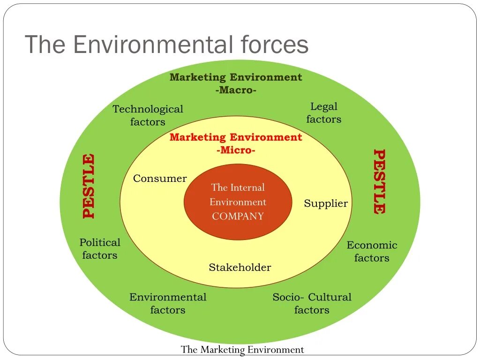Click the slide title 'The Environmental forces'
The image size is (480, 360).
(166, 45)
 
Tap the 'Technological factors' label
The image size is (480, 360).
(148, 115)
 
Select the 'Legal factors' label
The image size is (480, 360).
(324, 113)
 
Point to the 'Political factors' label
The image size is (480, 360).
(100, 249)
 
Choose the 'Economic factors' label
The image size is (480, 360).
(372, 251)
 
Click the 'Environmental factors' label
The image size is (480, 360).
(168, 303)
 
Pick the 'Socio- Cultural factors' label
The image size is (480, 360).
(312, 303)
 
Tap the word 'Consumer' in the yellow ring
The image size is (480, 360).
(160, 179)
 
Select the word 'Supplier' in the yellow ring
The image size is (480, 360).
(326, 203)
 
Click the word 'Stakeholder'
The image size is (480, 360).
(240, 268)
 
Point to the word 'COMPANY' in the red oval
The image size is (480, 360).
(238, 217)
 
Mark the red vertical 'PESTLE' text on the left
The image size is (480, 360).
(89, 186)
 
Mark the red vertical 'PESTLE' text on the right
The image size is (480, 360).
(379, 181)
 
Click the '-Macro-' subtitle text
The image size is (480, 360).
(236, 90)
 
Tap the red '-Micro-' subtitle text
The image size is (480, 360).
(236, 150)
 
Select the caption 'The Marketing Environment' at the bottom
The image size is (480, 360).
(242, 350)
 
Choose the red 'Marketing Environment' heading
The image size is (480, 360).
(236, 137)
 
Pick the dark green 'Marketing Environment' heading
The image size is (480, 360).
(236, 77)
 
